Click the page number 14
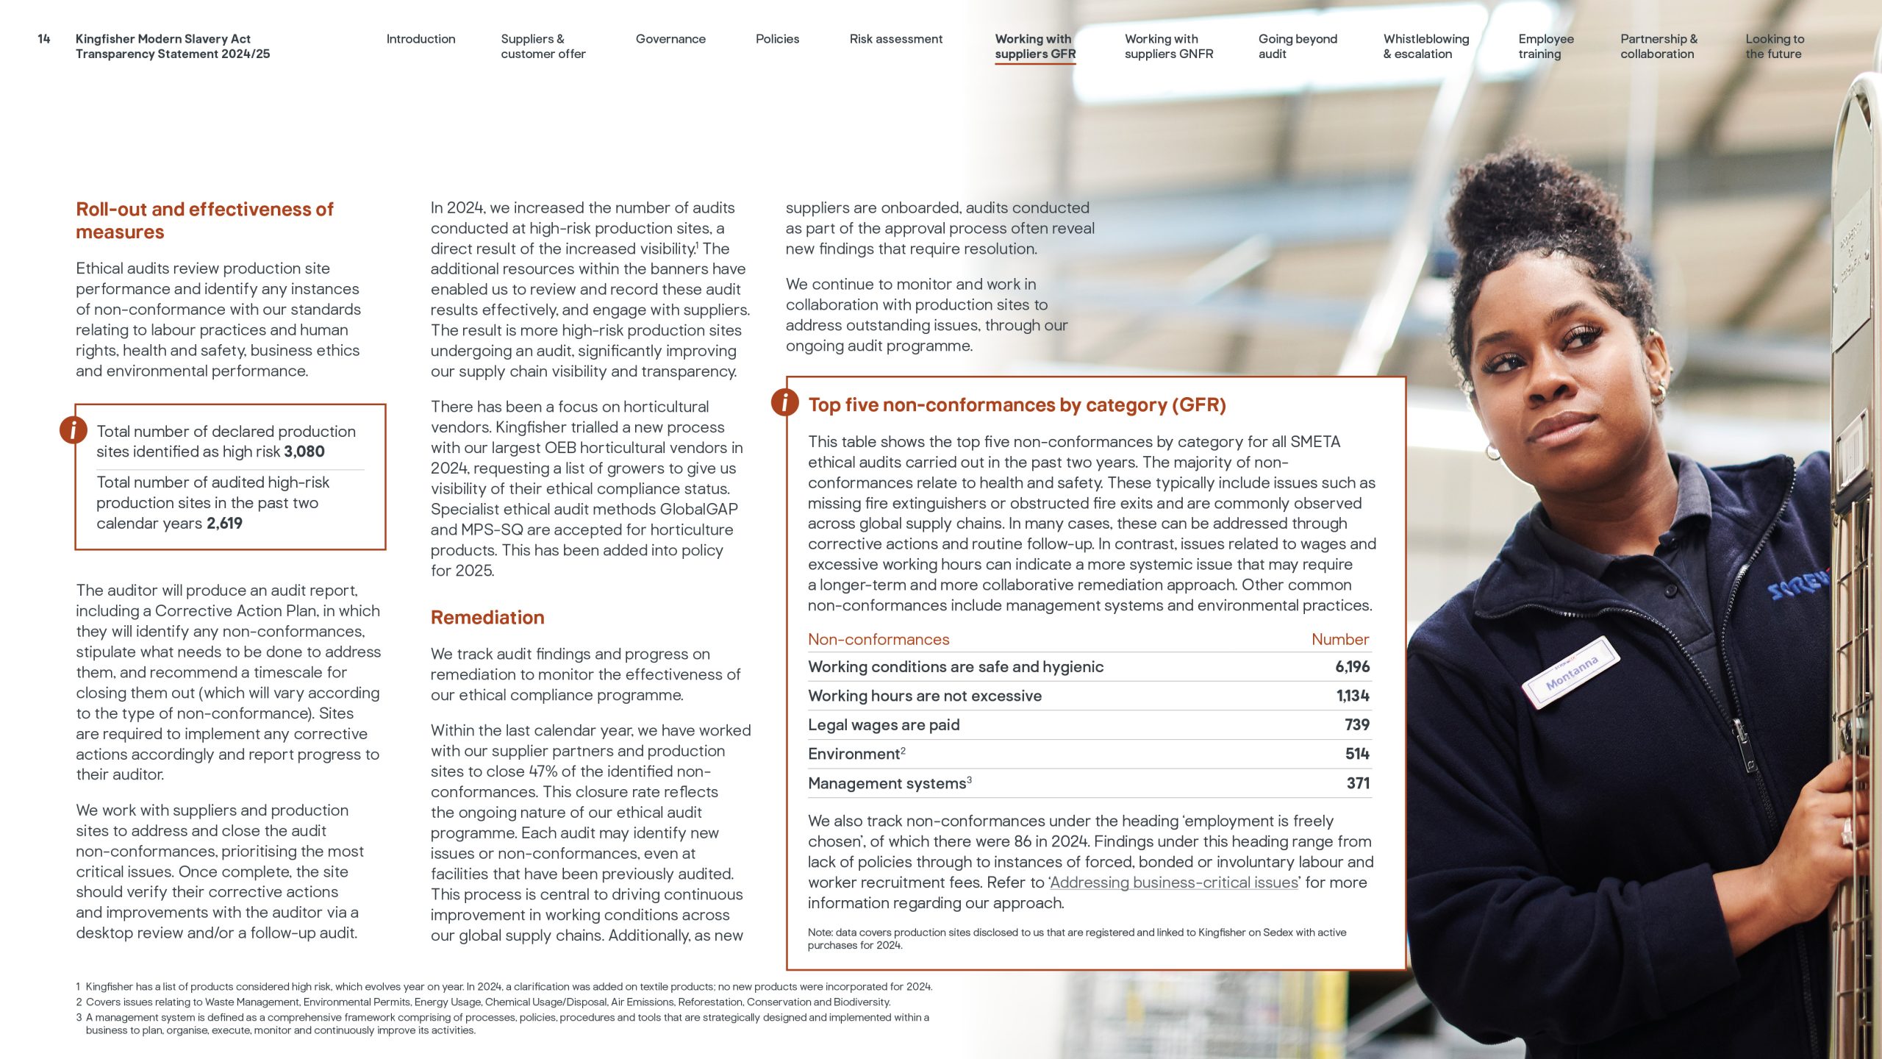pyautogui.click(x=44, y=39)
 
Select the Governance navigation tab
pyautogui.click(x=670, y=39)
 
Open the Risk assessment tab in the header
pyautogui.click(x=895, y=39)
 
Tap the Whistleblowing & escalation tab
pyautogui.click(x=1425, y=46)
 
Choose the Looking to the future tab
pyautogui.click(x=1774, y=46)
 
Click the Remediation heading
pyautogui.click(x=487, y=618)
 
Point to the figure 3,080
pyautogui.click(x=304, y=452)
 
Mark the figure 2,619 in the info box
pyautogui.click(x=224, y=524)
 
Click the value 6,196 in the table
pyautogui.click(x=1352, y=667)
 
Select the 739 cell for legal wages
pyautogui.click(x=1356, y=725)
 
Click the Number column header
pyautogui.click(x=1339, y=640)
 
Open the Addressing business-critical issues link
pyautogui.click(x=1173, y=883)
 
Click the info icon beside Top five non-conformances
pyautogui.click(x=785, y=402)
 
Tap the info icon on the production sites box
pyautogui.click(x=74, y=429)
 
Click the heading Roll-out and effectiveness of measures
pyautogui.click(x=204, y=221)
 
